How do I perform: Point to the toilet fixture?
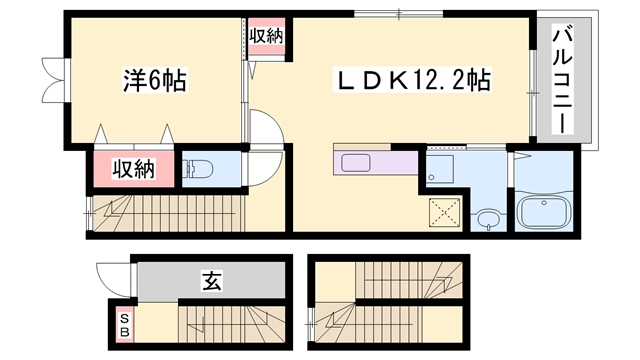pyautogui.click(x=197, y=169)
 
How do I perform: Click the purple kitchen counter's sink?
pyautogui.click(x=357, y=163)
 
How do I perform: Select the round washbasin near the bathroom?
pyautogui.click(x=487, y=218)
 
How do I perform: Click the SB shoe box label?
pyautogui.click(x=125, y=323)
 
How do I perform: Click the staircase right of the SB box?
pyautogui.click(x=230, y=323)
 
